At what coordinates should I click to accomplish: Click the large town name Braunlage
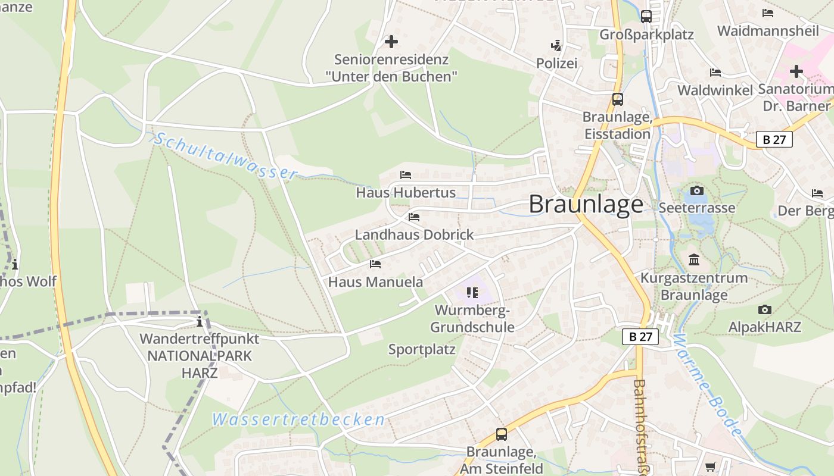(586, 205)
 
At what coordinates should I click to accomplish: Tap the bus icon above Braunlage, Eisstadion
(618, 99)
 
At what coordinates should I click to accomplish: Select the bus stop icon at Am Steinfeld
(502, 434)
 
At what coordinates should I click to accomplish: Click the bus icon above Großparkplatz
(646, 17)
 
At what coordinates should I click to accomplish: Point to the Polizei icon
(556, 45)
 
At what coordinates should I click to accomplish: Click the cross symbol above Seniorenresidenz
(391, 42)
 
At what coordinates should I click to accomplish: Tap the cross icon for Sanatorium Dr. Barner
(796, 72)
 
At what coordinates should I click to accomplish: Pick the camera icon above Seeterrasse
(696, 191)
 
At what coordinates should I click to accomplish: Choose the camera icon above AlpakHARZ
(765, 310)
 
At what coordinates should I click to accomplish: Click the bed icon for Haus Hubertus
(406, 175)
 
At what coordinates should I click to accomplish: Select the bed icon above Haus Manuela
(375, 264)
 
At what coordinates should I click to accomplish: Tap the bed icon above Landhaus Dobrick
(414, 217)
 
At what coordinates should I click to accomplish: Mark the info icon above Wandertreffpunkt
(200, 322)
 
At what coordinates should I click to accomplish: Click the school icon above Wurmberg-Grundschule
(472, 292)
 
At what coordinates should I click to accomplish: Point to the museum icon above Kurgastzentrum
(694, 260)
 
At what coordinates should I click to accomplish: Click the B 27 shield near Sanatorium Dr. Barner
(774, 139)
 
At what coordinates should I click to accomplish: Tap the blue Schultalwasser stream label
(226, 156)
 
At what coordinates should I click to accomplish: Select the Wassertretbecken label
(298, 419)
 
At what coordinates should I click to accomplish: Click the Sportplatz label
(422, 350)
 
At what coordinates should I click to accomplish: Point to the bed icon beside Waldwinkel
(715, 73)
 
